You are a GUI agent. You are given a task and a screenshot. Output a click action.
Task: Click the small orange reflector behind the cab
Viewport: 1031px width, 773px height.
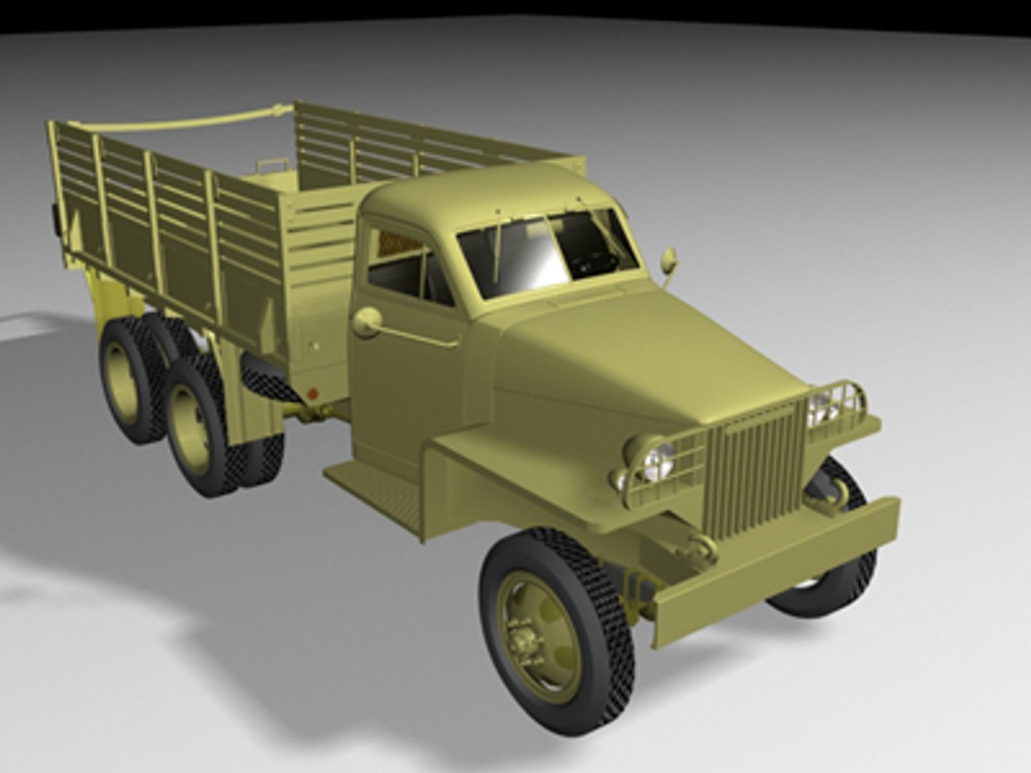pyautogui.click(x=311, y=392)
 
